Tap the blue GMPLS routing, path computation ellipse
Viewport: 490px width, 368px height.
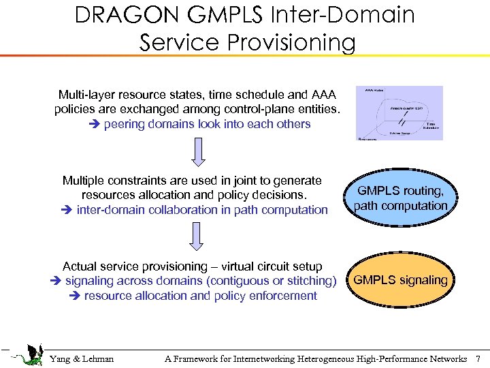click(401, 198)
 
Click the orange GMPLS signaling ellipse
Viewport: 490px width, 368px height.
click(401, 280)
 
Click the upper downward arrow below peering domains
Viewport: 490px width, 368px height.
click(197, 152)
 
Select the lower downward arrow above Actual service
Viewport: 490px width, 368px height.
click(197, 237)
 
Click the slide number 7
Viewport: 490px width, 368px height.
click(478, 359)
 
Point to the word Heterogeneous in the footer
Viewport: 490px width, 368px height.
click(331, 359)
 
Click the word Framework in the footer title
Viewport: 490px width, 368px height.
click(202, 359)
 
